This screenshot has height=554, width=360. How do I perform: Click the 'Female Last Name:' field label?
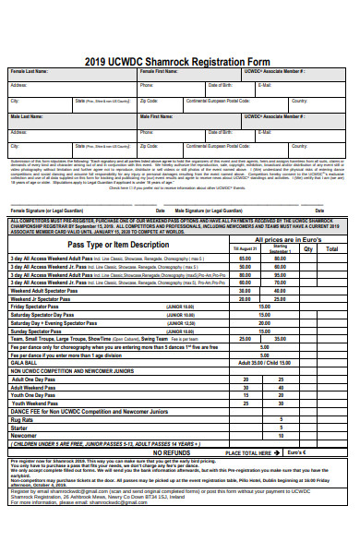point(30,71)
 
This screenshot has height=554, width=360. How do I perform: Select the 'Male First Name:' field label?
point(158,118)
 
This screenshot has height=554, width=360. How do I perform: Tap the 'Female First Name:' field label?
point(160,71)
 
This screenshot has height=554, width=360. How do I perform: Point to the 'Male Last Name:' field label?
point(27,118)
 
